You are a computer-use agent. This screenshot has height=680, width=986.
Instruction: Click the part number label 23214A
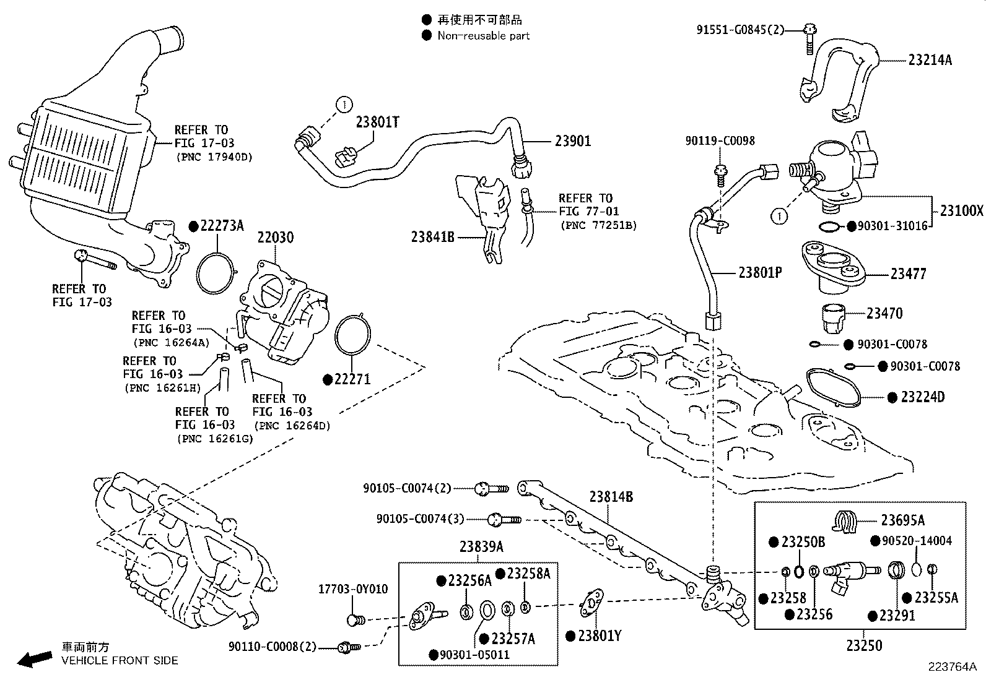(x=930, y=60)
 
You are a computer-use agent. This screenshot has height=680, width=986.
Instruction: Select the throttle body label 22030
(x=275, y=237)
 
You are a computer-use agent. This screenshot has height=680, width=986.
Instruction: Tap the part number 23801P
(x=759, y=272)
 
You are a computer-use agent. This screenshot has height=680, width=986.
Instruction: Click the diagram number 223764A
(x=951, y=667)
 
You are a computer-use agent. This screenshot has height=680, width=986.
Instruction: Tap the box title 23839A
(x=481, y=547)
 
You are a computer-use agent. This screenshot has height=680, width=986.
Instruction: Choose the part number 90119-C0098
(x=720, y=141)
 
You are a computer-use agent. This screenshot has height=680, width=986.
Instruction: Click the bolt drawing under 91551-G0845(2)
(x=811, y=41)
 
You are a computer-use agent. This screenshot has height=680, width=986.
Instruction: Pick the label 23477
(x=908, y=273)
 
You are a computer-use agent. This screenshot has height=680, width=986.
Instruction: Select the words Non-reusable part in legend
(x=483, y=36)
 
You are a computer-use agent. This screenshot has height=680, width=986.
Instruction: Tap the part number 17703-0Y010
(x=353, y=589)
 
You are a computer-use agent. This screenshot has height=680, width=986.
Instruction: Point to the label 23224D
(x=922, y=397)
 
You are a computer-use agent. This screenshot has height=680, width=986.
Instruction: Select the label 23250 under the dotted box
(x=864, y=645)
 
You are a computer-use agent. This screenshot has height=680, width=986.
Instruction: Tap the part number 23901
(x=572, y=141)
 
